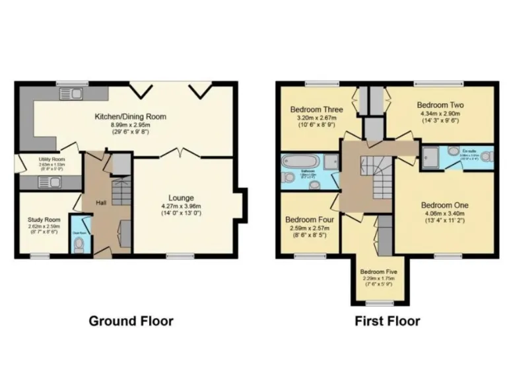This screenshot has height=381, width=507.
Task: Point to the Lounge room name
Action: (181, 197)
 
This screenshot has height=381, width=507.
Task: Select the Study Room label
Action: (44, 220)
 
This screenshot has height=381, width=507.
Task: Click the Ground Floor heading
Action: (131, 321)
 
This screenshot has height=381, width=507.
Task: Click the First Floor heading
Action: (387, 321)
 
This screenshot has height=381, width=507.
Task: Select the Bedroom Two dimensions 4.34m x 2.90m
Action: (440, 114)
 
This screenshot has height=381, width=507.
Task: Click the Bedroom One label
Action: (445, 205)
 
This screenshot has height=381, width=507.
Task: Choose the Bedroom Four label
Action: (309, 220)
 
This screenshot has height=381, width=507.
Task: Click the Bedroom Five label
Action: (379, 271)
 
